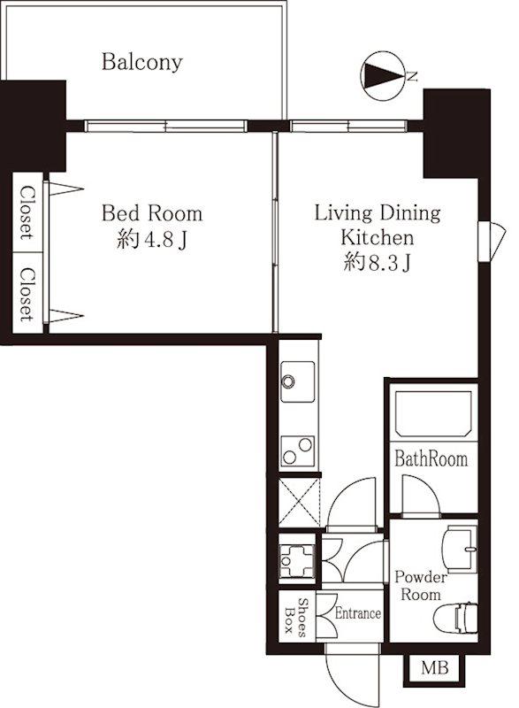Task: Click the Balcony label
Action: coord(142,62)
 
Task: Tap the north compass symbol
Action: coord(382,75)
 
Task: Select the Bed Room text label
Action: coord(152,213)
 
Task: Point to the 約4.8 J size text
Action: coord(152,239)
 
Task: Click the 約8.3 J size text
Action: coord(377,262)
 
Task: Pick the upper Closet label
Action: coord(27,212)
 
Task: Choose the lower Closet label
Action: coord(27,295)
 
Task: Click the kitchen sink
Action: coord(298,381)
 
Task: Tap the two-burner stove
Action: coord(298,451)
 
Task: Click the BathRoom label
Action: coord(431,458)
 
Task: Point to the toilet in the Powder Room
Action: coord(455,618)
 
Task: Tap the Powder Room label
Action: coord(421,586)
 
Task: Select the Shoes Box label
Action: coord(296,617)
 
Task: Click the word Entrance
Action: coord(358,613)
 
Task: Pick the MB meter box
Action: coord(434,668)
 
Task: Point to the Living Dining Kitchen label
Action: coord(377,226)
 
